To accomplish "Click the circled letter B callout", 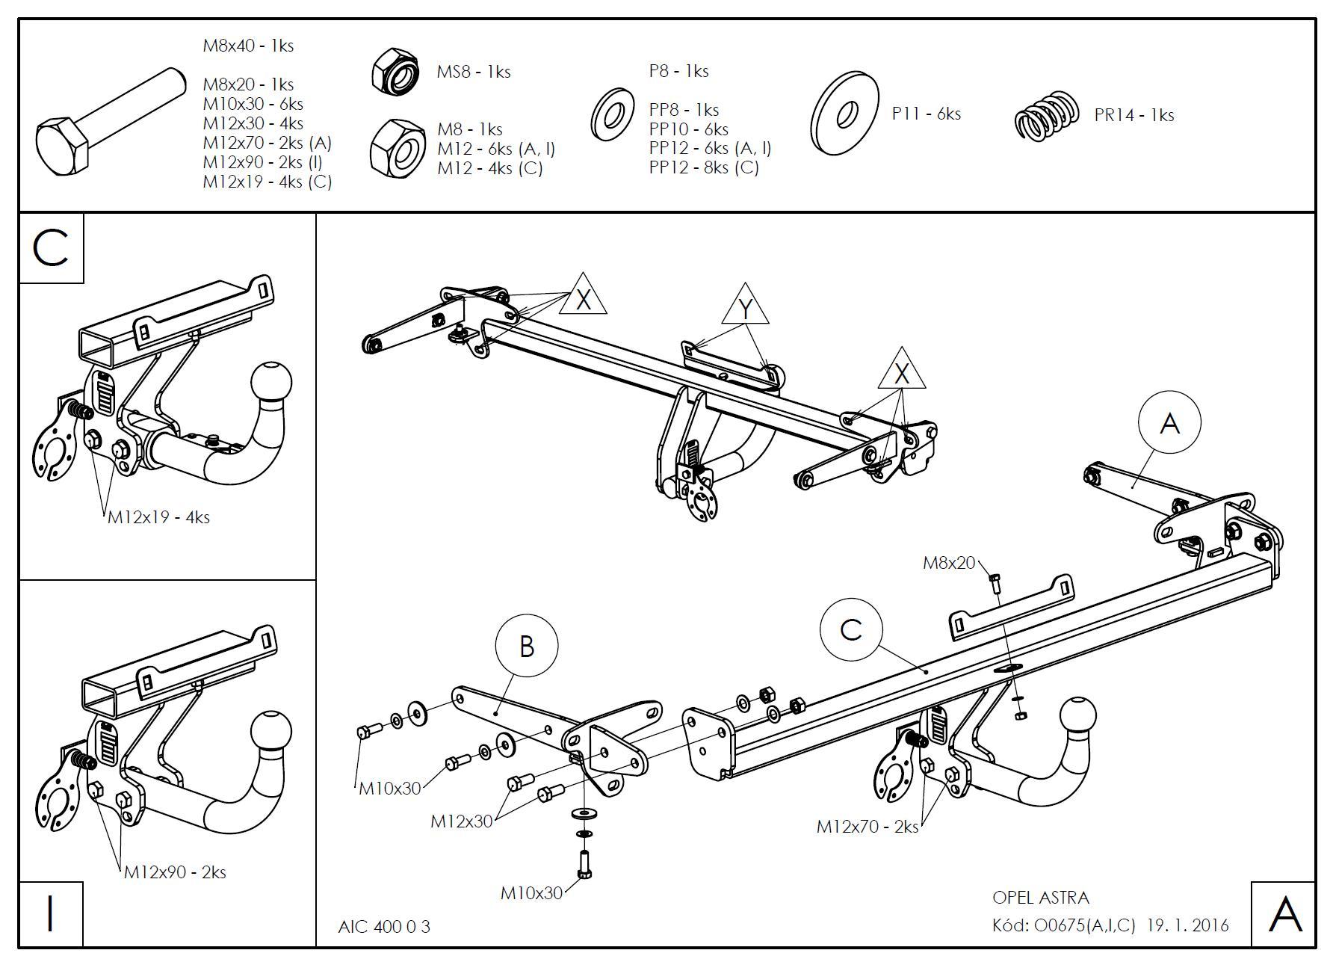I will point(527,647).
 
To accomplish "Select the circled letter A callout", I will point(1169,423).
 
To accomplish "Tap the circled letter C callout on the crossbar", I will point(851,630).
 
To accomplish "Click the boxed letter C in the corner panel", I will point(51,248).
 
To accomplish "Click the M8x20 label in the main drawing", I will point(949,563).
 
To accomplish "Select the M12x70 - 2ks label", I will point(867,827).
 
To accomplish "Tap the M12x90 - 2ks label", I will point(175,872).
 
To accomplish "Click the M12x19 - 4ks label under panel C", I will point(158,517).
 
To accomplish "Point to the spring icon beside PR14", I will point(1047,115).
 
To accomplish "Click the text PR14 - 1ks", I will point(1133,115).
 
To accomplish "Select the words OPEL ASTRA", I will point(1040,898).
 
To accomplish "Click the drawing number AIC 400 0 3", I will point(384,927).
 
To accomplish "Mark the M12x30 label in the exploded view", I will point(461,821).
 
